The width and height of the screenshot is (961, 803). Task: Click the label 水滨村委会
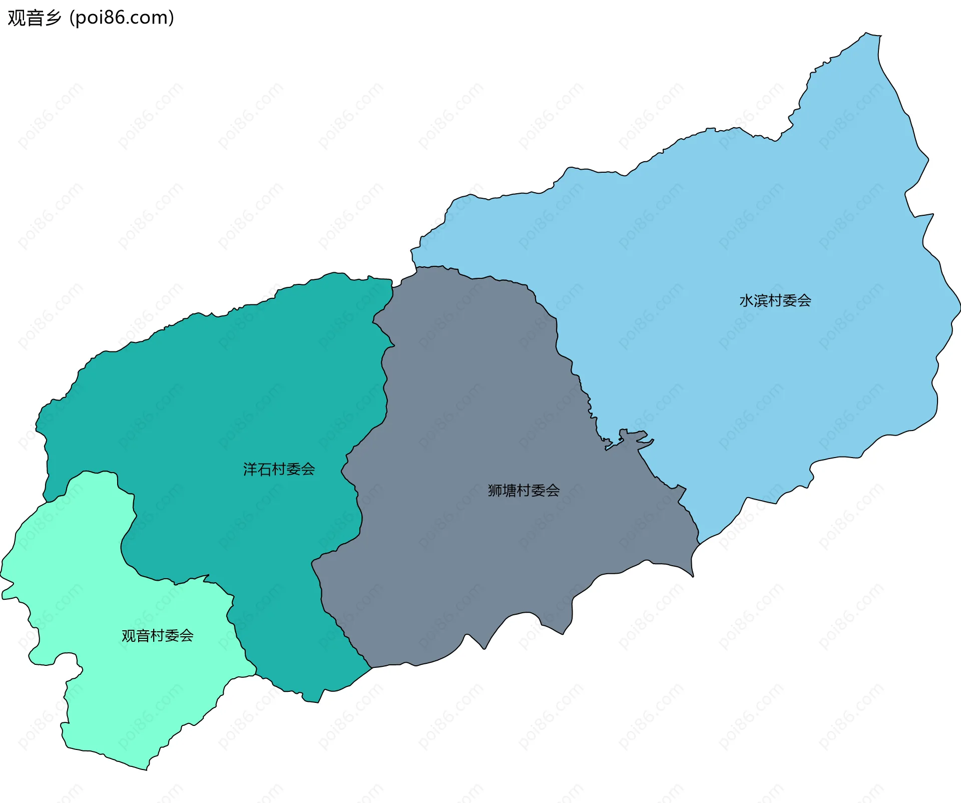775,300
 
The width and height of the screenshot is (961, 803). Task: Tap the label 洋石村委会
279,469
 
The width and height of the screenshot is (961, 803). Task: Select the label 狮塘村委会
524,490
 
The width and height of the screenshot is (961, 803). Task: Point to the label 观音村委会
157,635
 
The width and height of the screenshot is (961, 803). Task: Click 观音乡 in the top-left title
34,18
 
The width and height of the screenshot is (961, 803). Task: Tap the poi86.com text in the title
122,18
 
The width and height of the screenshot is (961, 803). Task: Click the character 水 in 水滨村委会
747,300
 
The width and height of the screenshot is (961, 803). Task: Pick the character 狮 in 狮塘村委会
495,490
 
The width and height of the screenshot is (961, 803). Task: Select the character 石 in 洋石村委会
265,469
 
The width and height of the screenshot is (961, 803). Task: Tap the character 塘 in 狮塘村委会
510,490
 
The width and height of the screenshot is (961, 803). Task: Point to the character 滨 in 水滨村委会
761,300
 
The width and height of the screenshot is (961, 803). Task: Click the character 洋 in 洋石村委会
250,469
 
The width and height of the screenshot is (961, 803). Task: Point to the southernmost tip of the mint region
146,769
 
